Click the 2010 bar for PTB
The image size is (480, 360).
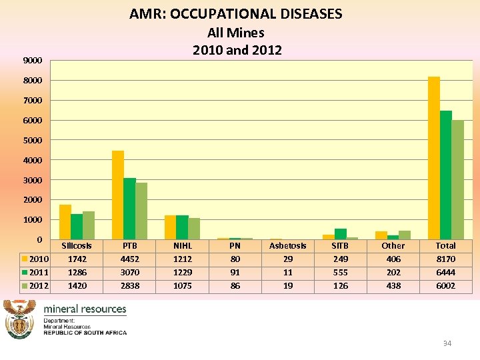point(118,195)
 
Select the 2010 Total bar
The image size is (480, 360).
point(434,158)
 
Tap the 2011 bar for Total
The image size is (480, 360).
point(446,175)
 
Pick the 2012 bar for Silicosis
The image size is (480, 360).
point(88,225)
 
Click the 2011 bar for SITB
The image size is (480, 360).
point(341,234)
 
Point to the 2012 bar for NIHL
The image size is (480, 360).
point(194,229)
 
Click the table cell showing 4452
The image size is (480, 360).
point(130,259)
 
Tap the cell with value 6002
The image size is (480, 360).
point(445,286)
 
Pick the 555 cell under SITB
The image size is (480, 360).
point(341,273)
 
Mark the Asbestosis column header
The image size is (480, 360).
point(288,246)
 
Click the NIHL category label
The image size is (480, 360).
point(183,246)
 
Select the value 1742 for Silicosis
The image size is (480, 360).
point(77,259)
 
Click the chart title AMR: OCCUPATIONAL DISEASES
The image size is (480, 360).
point(236,14)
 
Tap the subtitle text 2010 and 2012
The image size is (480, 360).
point(237,50)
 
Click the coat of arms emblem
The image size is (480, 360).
point(20,319)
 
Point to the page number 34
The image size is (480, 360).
point(447,343)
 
